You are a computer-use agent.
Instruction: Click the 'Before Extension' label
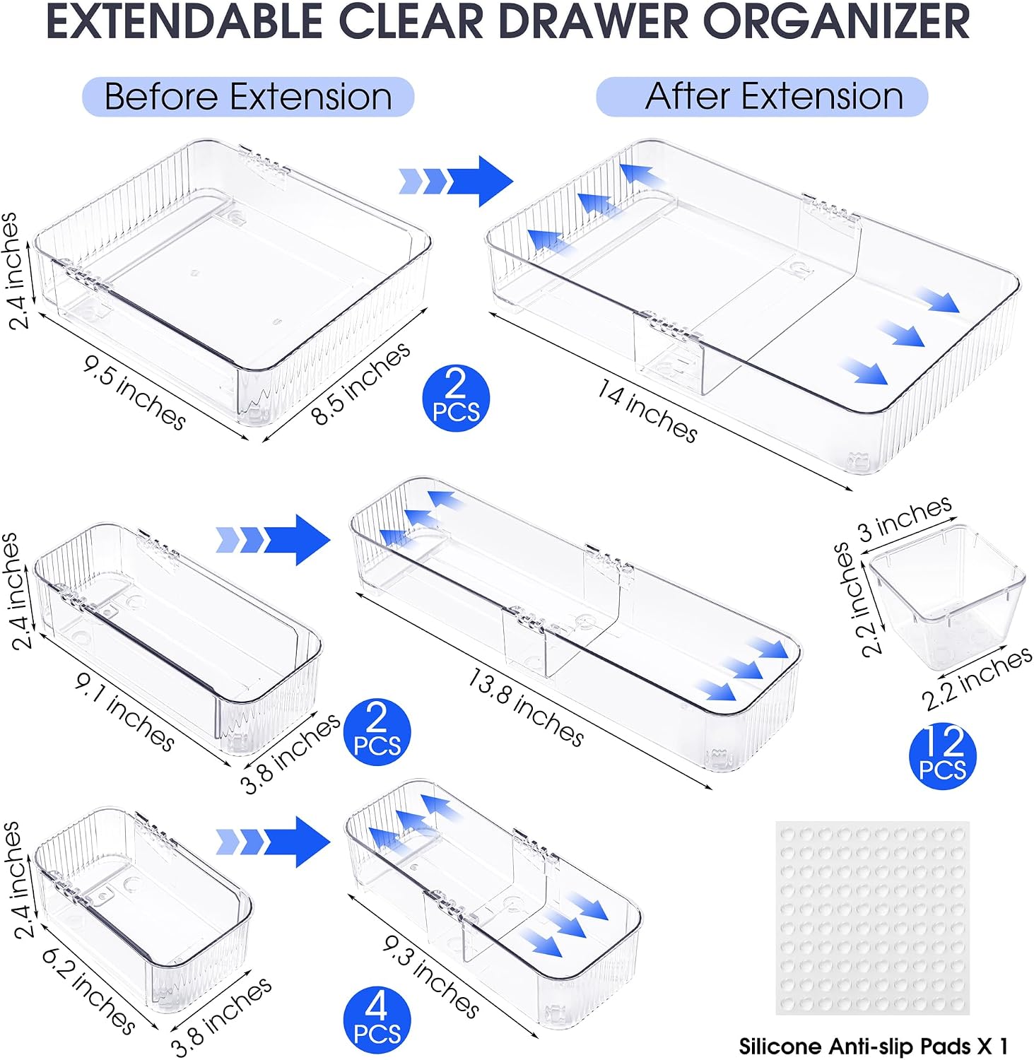coord(248,97)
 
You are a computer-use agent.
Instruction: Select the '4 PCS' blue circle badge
coord(377,1022)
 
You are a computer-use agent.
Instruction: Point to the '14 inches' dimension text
coord(647,411)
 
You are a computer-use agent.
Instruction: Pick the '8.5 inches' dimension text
coord(360,382)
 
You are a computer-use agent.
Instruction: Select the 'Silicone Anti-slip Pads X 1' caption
coord(874,1045)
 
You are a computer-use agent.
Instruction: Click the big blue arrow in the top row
coord(455,181)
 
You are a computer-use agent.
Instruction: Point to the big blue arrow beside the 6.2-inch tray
coord(273,842)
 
